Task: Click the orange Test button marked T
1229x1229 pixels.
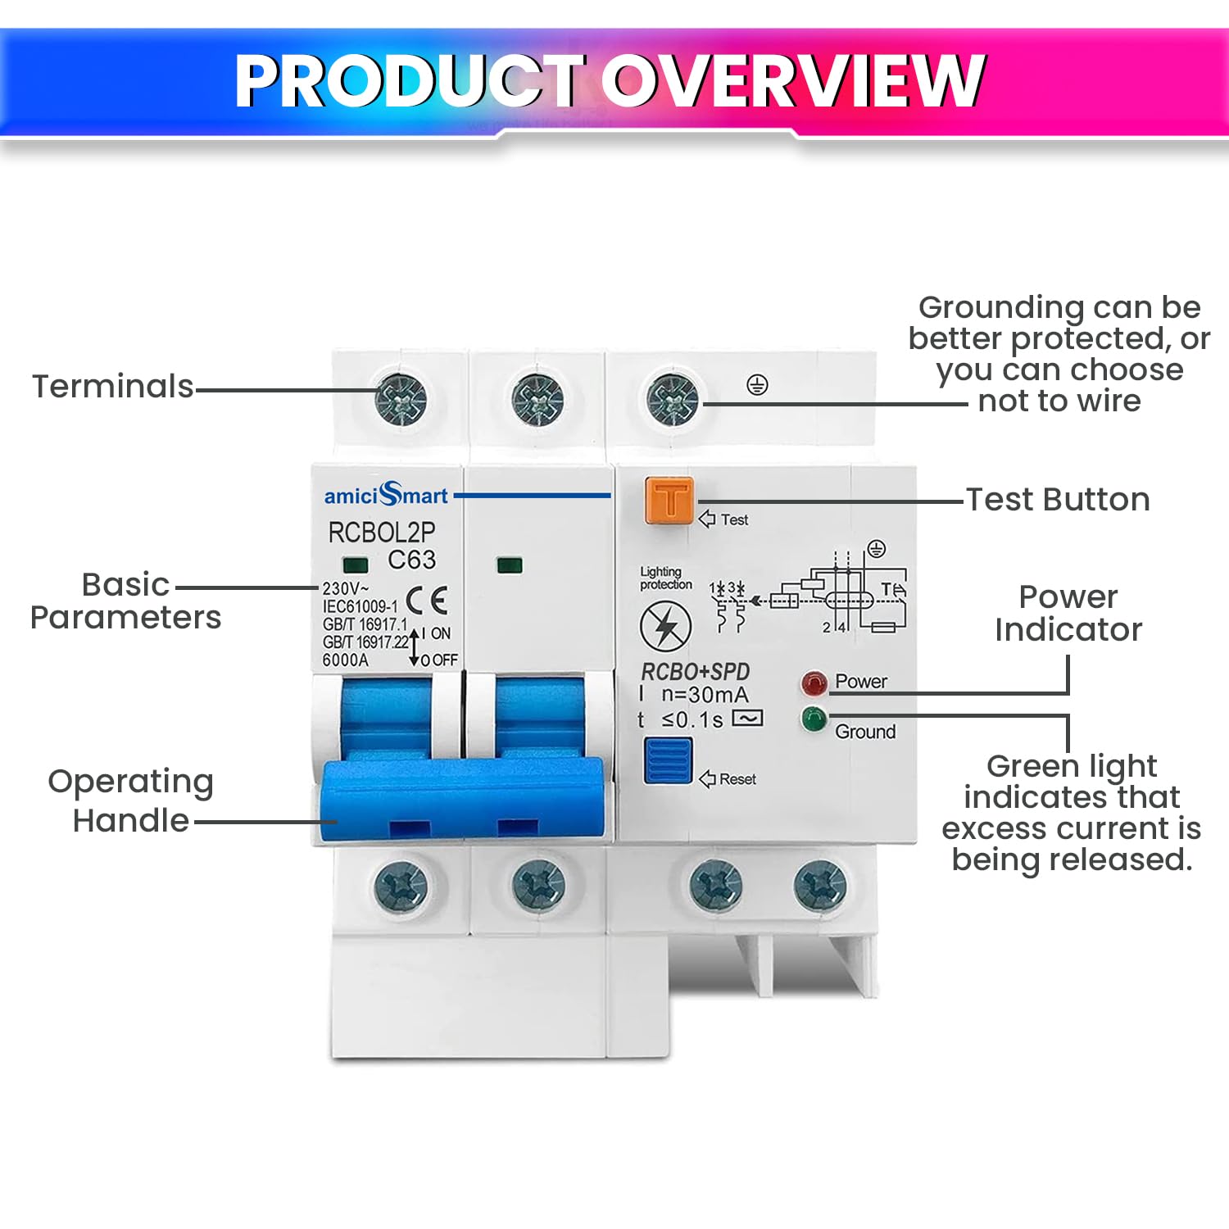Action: tap(669, 500)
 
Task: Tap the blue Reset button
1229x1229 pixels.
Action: tap(668, 760)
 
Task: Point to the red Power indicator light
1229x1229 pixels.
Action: tap(814, 683)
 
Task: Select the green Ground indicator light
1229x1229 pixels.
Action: tap(814, 719)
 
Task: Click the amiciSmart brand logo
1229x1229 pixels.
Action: tap(386, 494)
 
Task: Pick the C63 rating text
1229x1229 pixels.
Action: tap(411, 560)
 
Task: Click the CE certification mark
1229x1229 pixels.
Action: tap(427, 601)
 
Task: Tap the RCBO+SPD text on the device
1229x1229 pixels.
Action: tap(695, 672)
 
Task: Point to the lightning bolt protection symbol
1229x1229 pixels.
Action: tap(665, 626)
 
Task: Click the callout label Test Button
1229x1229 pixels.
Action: tap(1058, 500)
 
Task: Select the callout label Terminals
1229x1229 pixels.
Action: tap(113, 386)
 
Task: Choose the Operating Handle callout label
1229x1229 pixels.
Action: tap(131, 800)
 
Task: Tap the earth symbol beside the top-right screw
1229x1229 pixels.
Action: tap(757, 384)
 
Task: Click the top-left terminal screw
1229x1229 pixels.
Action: tap(401, 400)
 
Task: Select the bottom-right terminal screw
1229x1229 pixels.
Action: tap(820, 886)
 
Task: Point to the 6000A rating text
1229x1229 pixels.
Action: tap(345, 660)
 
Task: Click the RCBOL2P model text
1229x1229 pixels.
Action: tap(382, 533)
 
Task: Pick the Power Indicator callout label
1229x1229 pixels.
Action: tap(1068, 613)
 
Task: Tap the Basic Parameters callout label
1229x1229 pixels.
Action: tap(125, 601)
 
